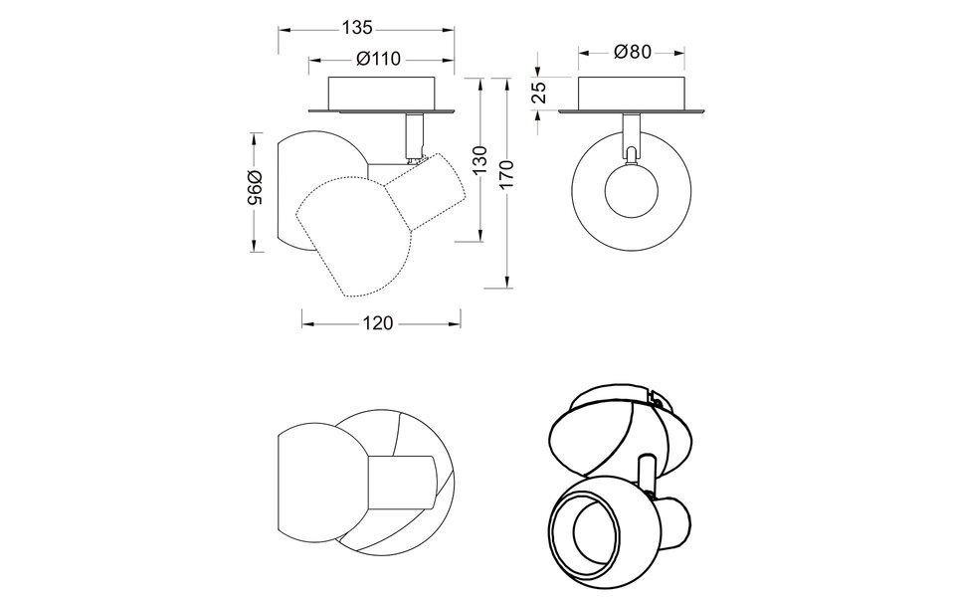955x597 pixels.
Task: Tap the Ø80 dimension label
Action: point(633,53)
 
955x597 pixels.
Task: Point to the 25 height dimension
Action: point(538,93)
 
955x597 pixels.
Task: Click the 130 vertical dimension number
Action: point(480,159)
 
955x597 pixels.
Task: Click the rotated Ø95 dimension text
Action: point(255,189)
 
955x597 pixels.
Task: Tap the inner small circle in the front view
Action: point(632,190)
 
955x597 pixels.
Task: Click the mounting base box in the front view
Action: point(633,93)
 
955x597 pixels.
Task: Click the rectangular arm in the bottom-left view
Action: point(402,485)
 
